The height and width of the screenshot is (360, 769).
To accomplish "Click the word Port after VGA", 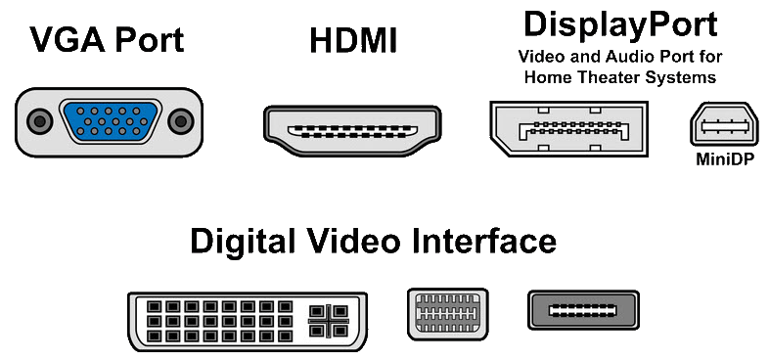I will pyautogui.click(x=148, y=42).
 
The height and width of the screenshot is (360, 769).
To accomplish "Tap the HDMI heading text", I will pyautogui.click(x=352, y=42).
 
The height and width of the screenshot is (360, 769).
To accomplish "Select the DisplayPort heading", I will pyautogui.click(x=620, y=22).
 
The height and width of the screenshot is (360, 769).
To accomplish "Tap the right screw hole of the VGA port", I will pyautogui.click(x=180, y=122).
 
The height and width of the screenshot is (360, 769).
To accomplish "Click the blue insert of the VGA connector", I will pyautogui.click(x=110, y=122).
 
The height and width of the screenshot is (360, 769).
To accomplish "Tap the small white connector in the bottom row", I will pyautogui.click(x=446, y=314).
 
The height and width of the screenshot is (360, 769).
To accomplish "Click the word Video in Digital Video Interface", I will pyautogui.click(x=354, y=241).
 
